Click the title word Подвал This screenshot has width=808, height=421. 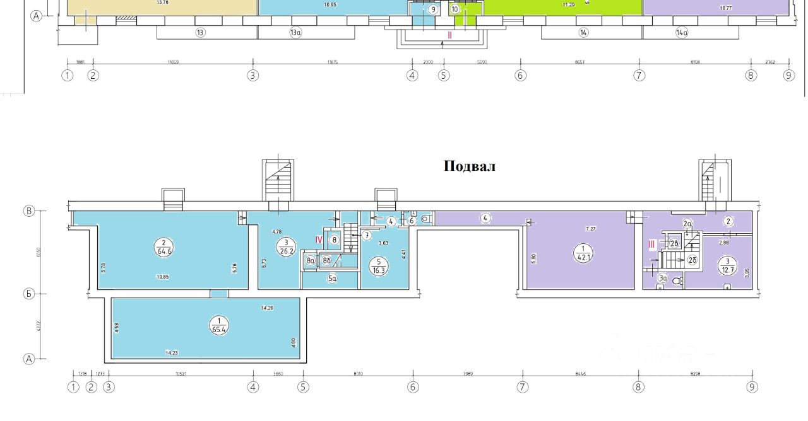coord(469,167)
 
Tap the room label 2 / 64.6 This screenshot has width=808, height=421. coord(163,246)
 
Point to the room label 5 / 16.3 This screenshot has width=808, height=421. coord(377,266)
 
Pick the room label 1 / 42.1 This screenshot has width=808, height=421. coord(581,253)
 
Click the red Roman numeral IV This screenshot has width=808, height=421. coord(319,239)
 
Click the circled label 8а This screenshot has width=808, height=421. coord(310,260)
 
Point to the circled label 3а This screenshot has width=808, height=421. coord(662,278)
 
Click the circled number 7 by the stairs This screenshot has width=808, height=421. coord(366,236)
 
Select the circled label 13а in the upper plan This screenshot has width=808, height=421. coord(295,33)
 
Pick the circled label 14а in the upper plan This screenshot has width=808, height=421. coord(681,33)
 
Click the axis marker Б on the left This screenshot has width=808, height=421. coord(28,293)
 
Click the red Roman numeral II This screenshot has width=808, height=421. coord(449,35)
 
